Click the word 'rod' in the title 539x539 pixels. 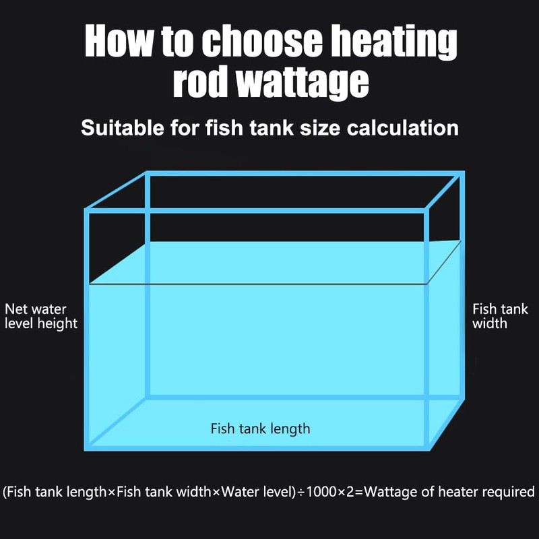pos(195,82)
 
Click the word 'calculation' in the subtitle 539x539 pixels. pos(402,127)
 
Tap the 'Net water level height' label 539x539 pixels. pos(41,317)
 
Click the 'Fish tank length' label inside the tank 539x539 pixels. pos(260,429)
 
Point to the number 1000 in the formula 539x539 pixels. pos(323,493)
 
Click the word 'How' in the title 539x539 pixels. pos(115,42)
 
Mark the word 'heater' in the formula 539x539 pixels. pos(458,493)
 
